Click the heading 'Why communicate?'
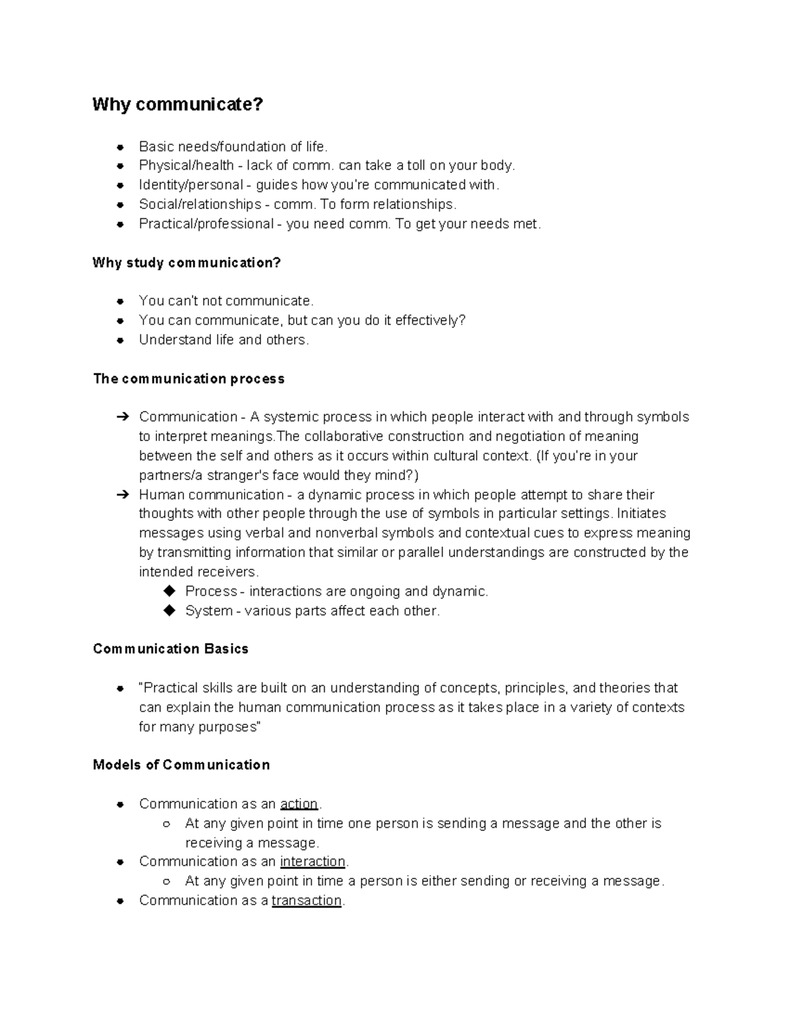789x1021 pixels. [x=178, y=105]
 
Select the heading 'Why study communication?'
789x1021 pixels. [x=187, y=263]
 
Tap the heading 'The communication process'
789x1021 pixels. [x=189, y=379]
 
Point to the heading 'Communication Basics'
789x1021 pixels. [x=170, y=649]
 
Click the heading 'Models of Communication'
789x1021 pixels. [x=181, y=765]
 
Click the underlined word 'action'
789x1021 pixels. [x=299, y=804]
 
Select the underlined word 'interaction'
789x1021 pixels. [x=312, y=862]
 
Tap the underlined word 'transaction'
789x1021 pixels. [x=306, y=901]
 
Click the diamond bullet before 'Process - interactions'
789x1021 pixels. [x=170, y=591]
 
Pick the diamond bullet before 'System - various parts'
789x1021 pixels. [x=170, y=611]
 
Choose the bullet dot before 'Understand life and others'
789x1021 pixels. [x=120, y=341]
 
